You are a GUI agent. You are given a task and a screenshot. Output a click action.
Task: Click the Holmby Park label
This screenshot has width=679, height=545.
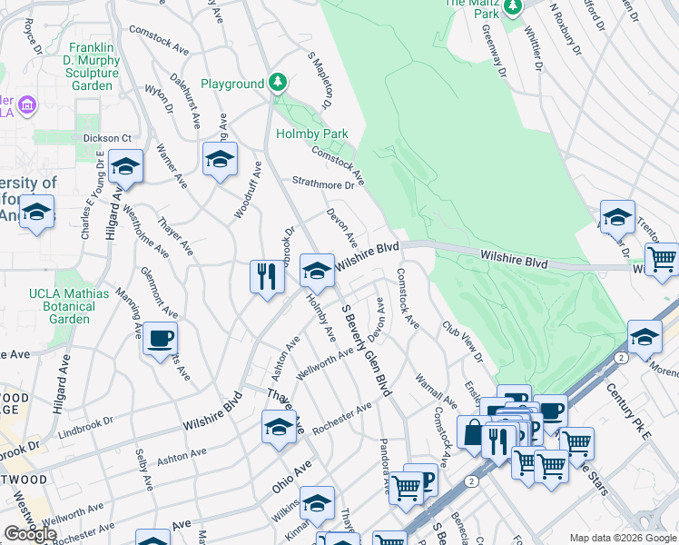pyautogui.click(x=311, y=134)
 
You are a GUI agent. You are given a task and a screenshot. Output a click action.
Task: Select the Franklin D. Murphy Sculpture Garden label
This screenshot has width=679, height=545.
pyautogui.click(x=93, y=66)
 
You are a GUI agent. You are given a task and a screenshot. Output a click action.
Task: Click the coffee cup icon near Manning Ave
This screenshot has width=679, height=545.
pyautogui.click(x=161, y=338)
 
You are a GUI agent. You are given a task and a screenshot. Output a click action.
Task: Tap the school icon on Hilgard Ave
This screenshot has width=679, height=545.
pyautogui.click(x=125, y=166)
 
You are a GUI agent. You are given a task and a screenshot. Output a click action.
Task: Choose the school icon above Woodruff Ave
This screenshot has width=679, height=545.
pyautogui.click(x=219, y=160)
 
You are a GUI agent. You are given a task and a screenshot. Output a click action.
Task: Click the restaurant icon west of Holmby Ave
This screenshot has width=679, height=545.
pyautogui.click(x=266, y=275)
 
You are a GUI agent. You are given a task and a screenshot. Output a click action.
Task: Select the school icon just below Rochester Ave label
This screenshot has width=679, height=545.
pyautogui.click(x=279, y=427)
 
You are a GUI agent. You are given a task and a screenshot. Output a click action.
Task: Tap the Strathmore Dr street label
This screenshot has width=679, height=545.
pyautogui.click(x=322, y=183)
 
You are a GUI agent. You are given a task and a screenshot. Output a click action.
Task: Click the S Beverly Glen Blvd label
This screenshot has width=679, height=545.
pyautogui.click(x=366, y=351)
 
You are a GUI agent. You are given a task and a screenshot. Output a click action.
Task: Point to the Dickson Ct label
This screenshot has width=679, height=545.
pyautogui.click(x=108, y=138)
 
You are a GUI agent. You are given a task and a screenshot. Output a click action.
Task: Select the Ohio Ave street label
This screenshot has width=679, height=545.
pyautogui.click(x=290, y=476)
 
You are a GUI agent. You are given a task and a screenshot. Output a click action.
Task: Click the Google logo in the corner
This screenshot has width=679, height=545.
pyautogui.click(x=30, y=534)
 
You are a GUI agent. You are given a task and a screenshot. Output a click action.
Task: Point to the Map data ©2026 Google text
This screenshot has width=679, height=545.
pyautogui.click(x=622, y=538)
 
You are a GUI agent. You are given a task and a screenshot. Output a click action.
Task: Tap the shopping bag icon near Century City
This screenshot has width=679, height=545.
pyautogui.click(x=473, y=432)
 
